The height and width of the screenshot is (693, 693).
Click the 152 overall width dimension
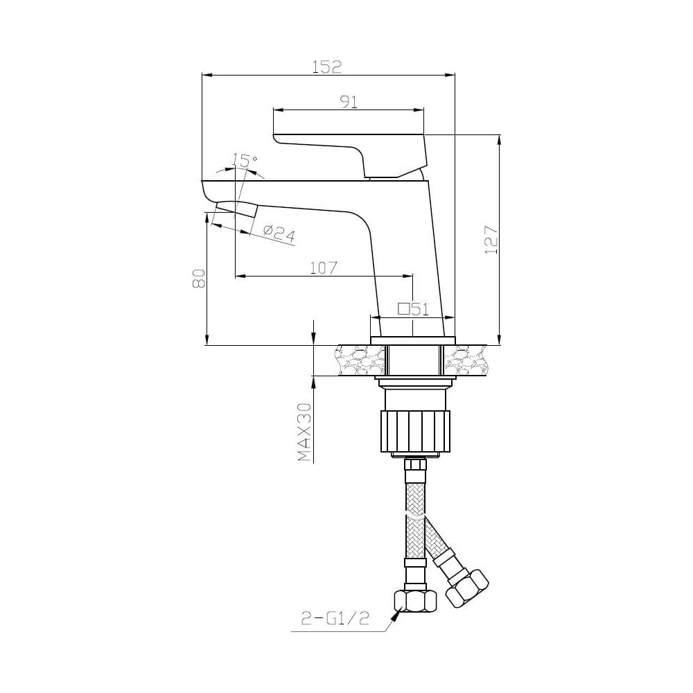tap(327, 67)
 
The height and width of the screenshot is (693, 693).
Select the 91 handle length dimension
tap(349, 102)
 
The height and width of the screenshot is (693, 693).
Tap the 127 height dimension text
tap(491, 240)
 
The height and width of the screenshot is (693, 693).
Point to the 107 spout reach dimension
tap(324, 267)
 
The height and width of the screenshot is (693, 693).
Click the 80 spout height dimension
tap(198, 279)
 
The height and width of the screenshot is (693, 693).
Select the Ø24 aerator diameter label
tap(279, 233)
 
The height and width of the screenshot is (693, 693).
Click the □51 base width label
tap(413, 309)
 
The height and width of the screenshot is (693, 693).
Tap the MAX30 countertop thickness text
tap(304, 432)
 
